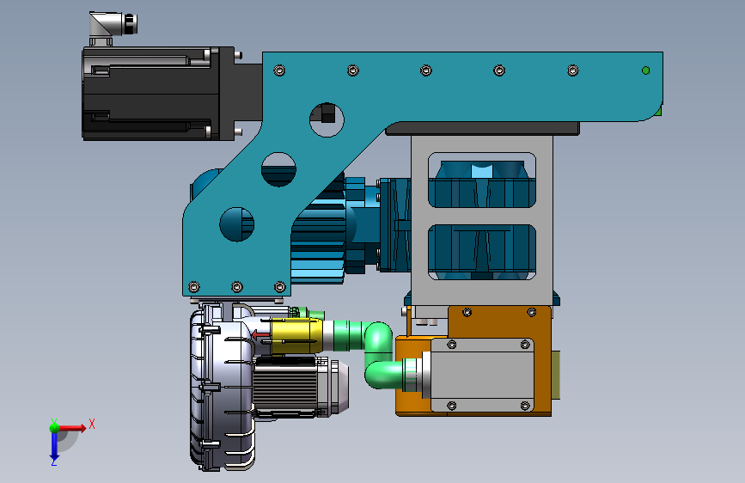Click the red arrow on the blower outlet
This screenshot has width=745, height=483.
[x=260, y=335]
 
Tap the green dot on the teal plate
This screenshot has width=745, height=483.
[x=645, y=70]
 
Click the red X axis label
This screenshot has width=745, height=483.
[x=92, y=424]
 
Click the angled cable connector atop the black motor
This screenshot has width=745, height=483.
[x=113, y=28]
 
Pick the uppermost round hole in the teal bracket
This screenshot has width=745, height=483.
[x=327, y=119]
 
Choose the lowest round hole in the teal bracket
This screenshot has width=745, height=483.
[x=236, y=224]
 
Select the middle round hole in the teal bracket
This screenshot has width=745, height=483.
[x=279, y=169]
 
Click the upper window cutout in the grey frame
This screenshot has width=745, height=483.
[x=482, y=180]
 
